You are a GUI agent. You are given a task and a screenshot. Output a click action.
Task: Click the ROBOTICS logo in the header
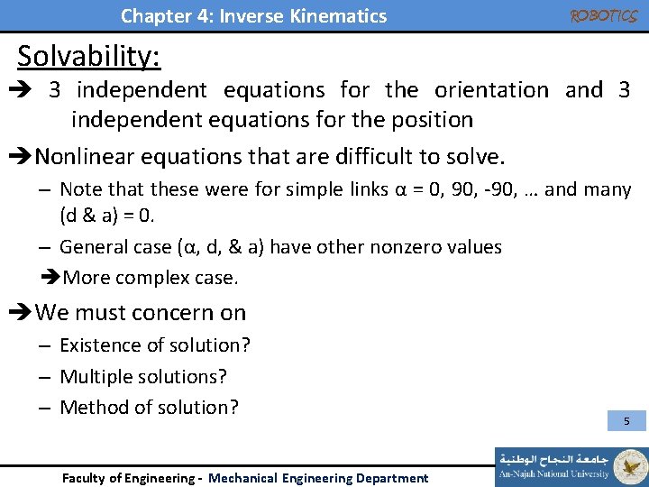point(603,15)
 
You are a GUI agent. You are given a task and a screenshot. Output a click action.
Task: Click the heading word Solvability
point(89,56)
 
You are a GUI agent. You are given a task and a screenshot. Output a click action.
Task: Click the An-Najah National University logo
point(570,463)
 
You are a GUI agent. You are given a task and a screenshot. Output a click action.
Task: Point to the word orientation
point(491,90)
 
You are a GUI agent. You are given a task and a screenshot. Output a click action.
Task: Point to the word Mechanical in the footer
point(243,478)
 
